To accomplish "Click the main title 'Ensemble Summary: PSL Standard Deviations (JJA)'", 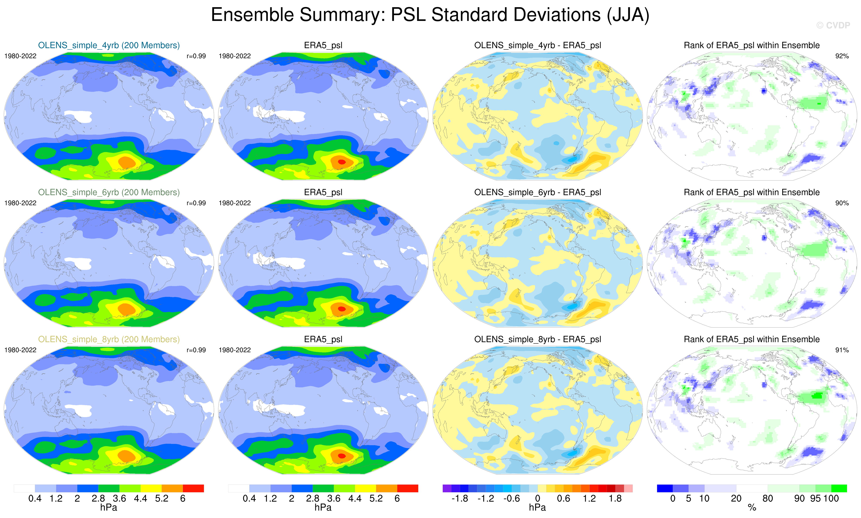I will click(x=430, y=15).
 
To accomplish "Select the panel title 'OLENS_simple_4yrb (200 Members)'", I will click(x=109, y=45).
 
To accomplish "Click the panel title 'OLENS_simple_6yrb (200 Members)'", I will click(x=109, y=192).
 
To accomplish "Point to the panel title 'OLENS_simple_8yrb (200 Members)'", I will click(x=109, y=339).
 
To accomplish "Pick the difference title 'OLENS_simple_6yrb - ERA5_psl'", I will click(x=537, y=192).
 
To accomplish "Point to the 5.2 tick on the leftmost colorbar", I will click(x=162, y=498).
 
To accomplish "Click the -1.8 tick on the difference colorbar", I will click(x=460, y=498).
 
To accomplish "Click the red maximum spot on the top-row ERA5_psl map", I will click(x=342, y=162).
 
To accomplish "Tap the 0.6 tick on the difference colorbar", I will click(x=563, y=498).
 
